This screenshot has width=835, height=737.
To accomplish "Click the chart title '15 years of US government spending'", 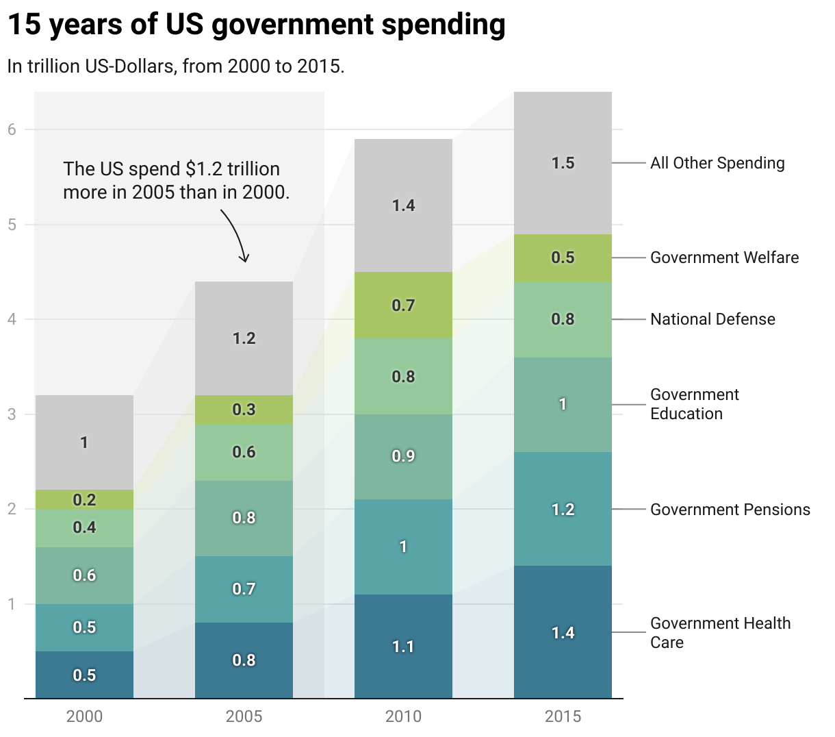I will point(256,25).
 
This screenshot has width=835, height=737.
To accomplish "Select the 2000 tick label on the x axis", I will point(84,716).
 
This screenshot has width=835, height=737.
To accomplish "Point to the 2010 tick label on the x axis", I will point(403,716).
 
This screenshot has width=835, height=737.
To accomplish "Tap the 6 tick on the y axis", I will point(12,129).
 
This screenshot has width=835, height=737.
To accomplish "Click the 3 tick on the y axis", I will point(12,414).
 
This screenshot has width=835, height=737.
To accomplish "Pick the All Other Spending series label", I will point(717,163).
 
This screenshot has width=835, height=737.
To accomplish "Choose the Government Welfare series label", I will point(724,258).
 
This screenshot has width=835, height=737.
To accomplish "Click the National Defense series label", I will point(712,319).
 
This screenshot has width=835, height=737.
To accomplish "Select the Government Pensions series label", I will point(730,510).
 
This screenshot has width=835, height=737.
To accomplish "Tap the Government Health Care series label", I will point(720,633).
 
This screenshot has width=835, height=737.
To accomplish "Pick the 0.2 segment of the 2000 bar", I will point(84,499).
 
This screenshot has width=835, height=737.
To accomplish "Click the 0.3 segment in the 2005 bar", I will point(244,410).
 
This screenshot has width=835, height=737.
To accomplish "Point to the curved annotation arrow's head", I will point(244,260).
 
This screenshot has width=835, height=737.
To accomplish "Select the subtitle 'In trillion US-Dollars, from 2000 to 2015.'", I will point(176,66).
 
